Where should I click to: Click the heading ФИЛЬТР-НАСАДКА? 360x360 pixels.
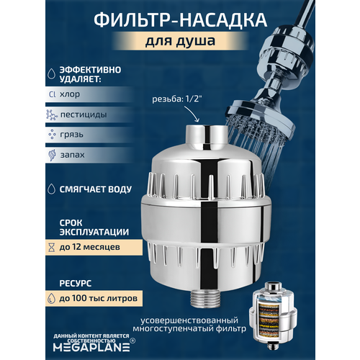pyautogui.click(x=180, y=17)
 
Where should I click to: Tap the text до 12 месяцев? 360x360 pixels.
pyautogui.click(x=91, y=248)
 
